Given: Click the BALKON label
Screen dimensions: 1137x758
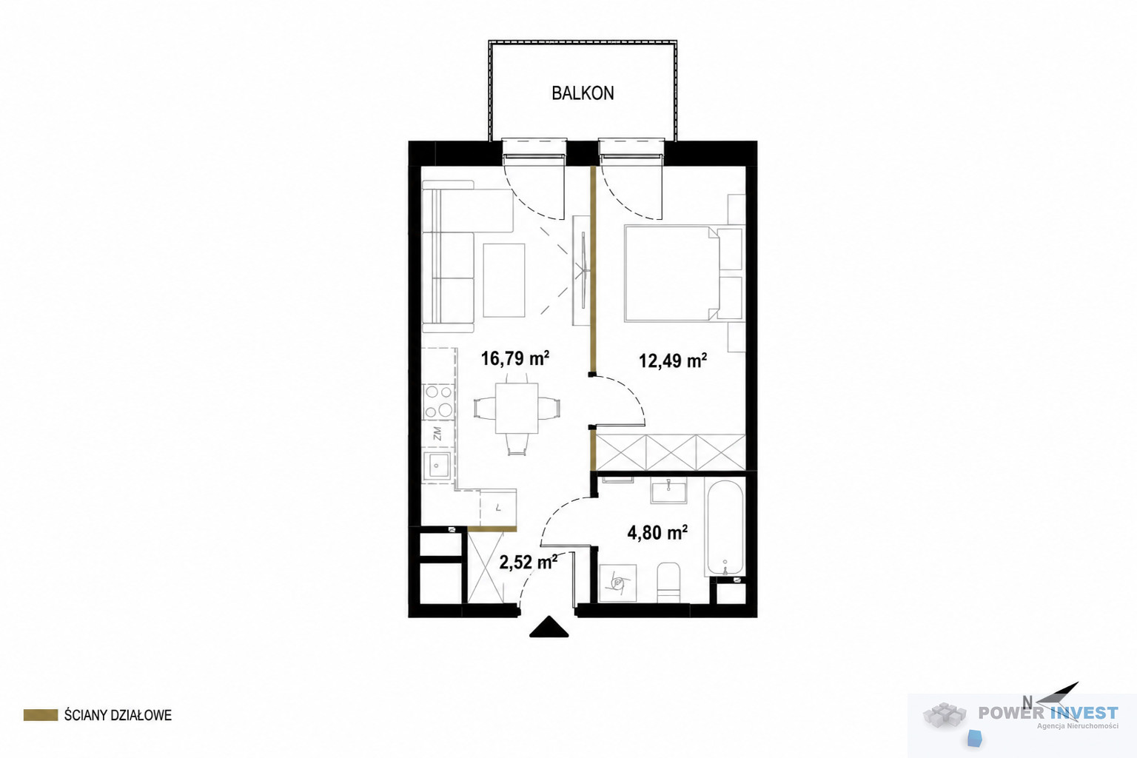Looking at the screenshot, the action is point(583,93).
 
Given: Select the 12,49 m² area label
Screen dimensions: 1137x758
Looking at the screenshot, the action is point(673,361).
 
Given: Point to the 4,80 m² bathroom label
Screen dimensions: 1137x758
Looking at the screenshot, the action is point(657,532).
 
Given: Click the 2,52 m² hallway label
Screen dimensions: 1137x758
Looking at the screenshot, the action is point(529,562).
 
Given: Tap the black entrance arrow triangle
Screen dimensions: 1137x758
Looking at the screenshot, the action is point(549,626).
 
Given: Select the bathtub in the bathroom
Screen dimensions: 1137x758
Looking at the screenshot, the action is point(725,529).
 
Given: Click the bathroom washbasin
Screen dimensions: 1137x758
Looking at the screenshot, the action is point(668,492).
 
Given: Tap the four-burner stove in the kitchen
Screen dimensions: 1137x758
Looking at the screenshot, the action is point(439,401).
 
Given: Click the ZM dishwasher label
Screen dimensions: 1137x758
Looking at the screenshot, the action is point(437,433).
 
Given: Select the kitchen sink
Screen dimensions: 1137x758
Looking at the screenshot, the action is point(437,466).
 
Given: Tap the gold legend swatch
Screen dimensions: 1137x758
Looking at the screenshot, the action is point(41,715).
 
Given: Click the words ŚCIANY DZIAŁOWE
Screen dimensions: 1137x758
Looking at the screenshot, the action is point(118,715).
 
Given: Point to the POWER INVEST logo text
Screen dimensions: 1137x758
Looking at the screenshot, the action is point(1048,713).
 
